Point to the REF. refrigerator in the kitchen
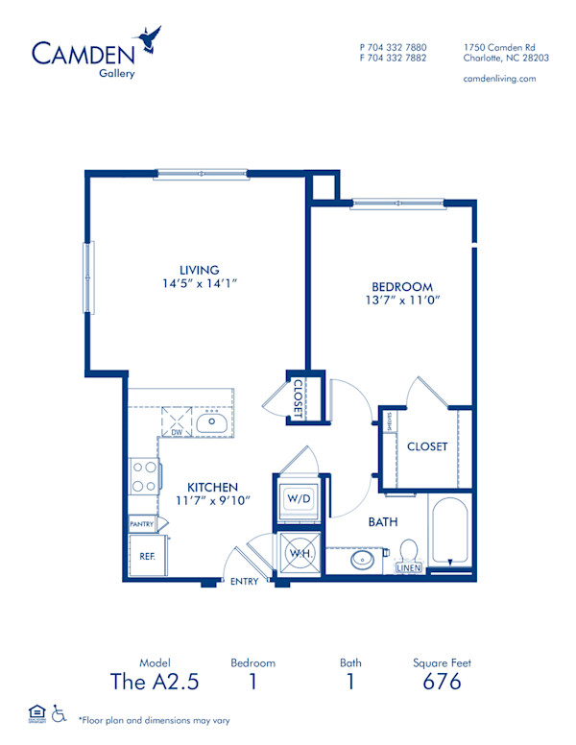[x=147, y=555]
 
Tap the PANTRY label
[x=143, y=524]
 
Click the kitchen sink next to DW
[x=208, y=421]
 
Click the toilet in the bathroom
[x=408, y=551]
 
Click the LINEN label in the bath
[x=408, y=568]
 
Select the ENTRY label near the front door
[x=244, y=582]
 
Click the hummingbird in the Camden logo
[x=149, y=39]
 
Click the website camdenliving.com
[x=499, y=78]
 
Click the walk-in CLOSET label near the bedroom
[x=427, y=446]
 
